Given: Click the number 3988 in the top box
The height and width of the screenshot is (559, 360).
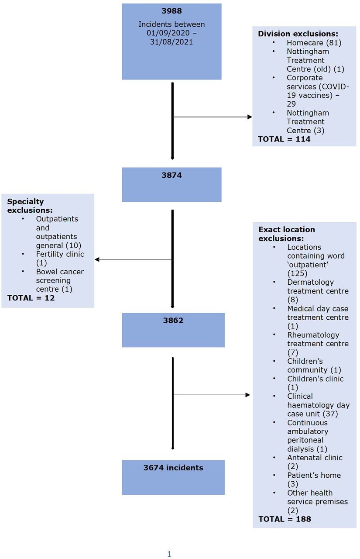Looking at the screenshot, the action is (x=171, y=11).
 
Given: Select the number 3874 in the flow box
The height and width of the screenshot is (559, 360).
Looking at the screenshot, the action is (x=171, y=175).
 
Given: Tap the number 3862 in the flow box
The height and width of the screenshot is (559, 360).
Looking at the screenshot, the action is (x=173, y=321).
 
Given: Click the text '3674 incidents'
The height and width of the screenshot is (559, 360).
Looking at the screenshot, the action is (x=173, y=468).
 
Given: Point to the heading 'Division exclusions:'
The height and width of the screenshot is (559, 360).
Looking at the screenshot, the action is (x=298, y=34).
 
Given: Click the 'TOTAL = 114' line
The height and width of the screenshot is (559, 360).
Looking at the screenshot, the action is (x=284, y=139).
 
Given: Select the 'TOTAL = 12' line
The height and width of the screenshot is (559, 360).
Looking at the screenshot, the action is (x=31, y=298).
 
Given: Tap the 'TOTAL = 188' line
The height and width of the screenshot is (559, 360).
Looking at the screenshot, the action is (x=285, y=519).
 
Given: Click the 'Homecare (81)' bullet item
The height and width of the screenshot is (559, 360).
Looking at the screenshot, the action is (x=314, y=43).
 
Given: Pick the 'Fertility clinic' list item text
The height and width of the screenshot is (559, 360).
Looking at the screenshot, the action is (x=60, y=254).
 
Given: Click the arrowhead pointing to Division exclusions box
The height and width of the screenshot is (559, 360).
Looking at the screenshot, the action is (x=250, y=117).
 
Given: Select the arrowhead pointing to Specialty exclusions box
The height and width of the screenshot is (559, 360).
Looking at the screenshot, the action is (x=97, y=259).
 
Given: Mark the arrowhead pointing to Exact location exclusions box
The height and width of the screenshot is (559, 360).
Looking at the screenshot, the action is (x=247, y=395).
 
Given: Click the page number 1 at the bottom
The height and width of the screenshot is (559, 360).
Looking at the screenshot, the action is (x=169, y=554).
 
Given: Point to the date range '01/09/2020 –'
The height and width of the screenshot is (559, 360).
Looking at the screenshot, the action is (x=171, y=33).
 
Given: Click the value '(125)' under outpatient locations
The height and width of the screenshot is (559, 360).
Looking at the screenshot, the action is (x=298, y=273).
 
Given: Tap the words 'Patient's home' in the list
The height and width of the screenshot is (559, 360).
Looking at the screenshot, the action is (x=314, y=475).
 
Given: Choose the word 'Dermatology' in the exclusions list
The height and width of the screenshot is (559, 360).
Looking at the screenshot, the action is (x=310, y=282).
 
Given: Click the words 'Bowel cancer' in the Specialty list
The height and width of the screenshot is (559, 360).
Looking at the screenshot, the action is (x=60, y=272).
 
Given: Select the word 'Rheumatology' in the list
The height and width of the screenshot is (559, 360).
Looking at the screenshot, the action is (x=313, y=335).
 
